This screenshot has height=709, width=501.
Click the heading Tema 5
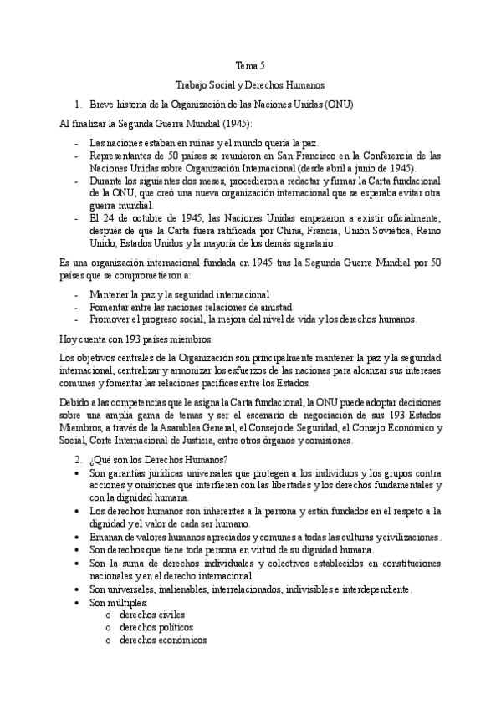pyautogui.click(x=251, y=65)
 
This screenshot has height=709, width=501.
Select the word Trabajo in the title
pyautogui.click(x=193, y=85)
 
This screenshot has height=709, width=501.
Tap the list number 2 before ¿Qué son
pyautogui.click(x=77, y=460)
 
